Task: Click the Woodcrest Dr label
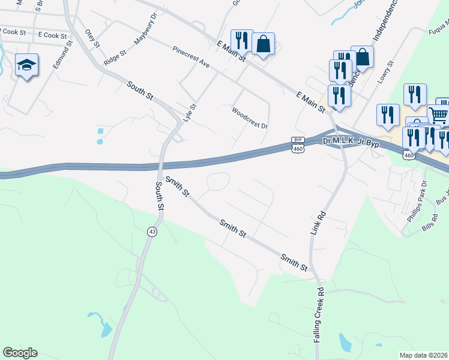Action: point(249,118)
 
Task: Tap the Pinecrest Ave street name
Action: point(190,56)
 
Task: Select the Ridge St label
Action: point(115,57)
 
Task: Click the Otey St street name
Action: point(91,38)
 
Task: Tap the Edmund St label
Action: point(62,55)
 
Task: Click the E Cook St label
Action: point(50,35)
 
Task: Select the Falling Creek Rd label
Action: point(319,314)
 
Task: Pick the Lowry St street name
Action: point(384,71)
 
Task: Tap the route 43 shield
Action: point(152,232)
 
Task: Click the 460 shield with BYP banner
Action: point(298,145)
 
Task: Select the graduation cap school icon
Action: point(26,64)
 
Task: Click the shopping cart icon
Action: point(439,113)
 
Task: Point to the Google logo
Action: point(20,353)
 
